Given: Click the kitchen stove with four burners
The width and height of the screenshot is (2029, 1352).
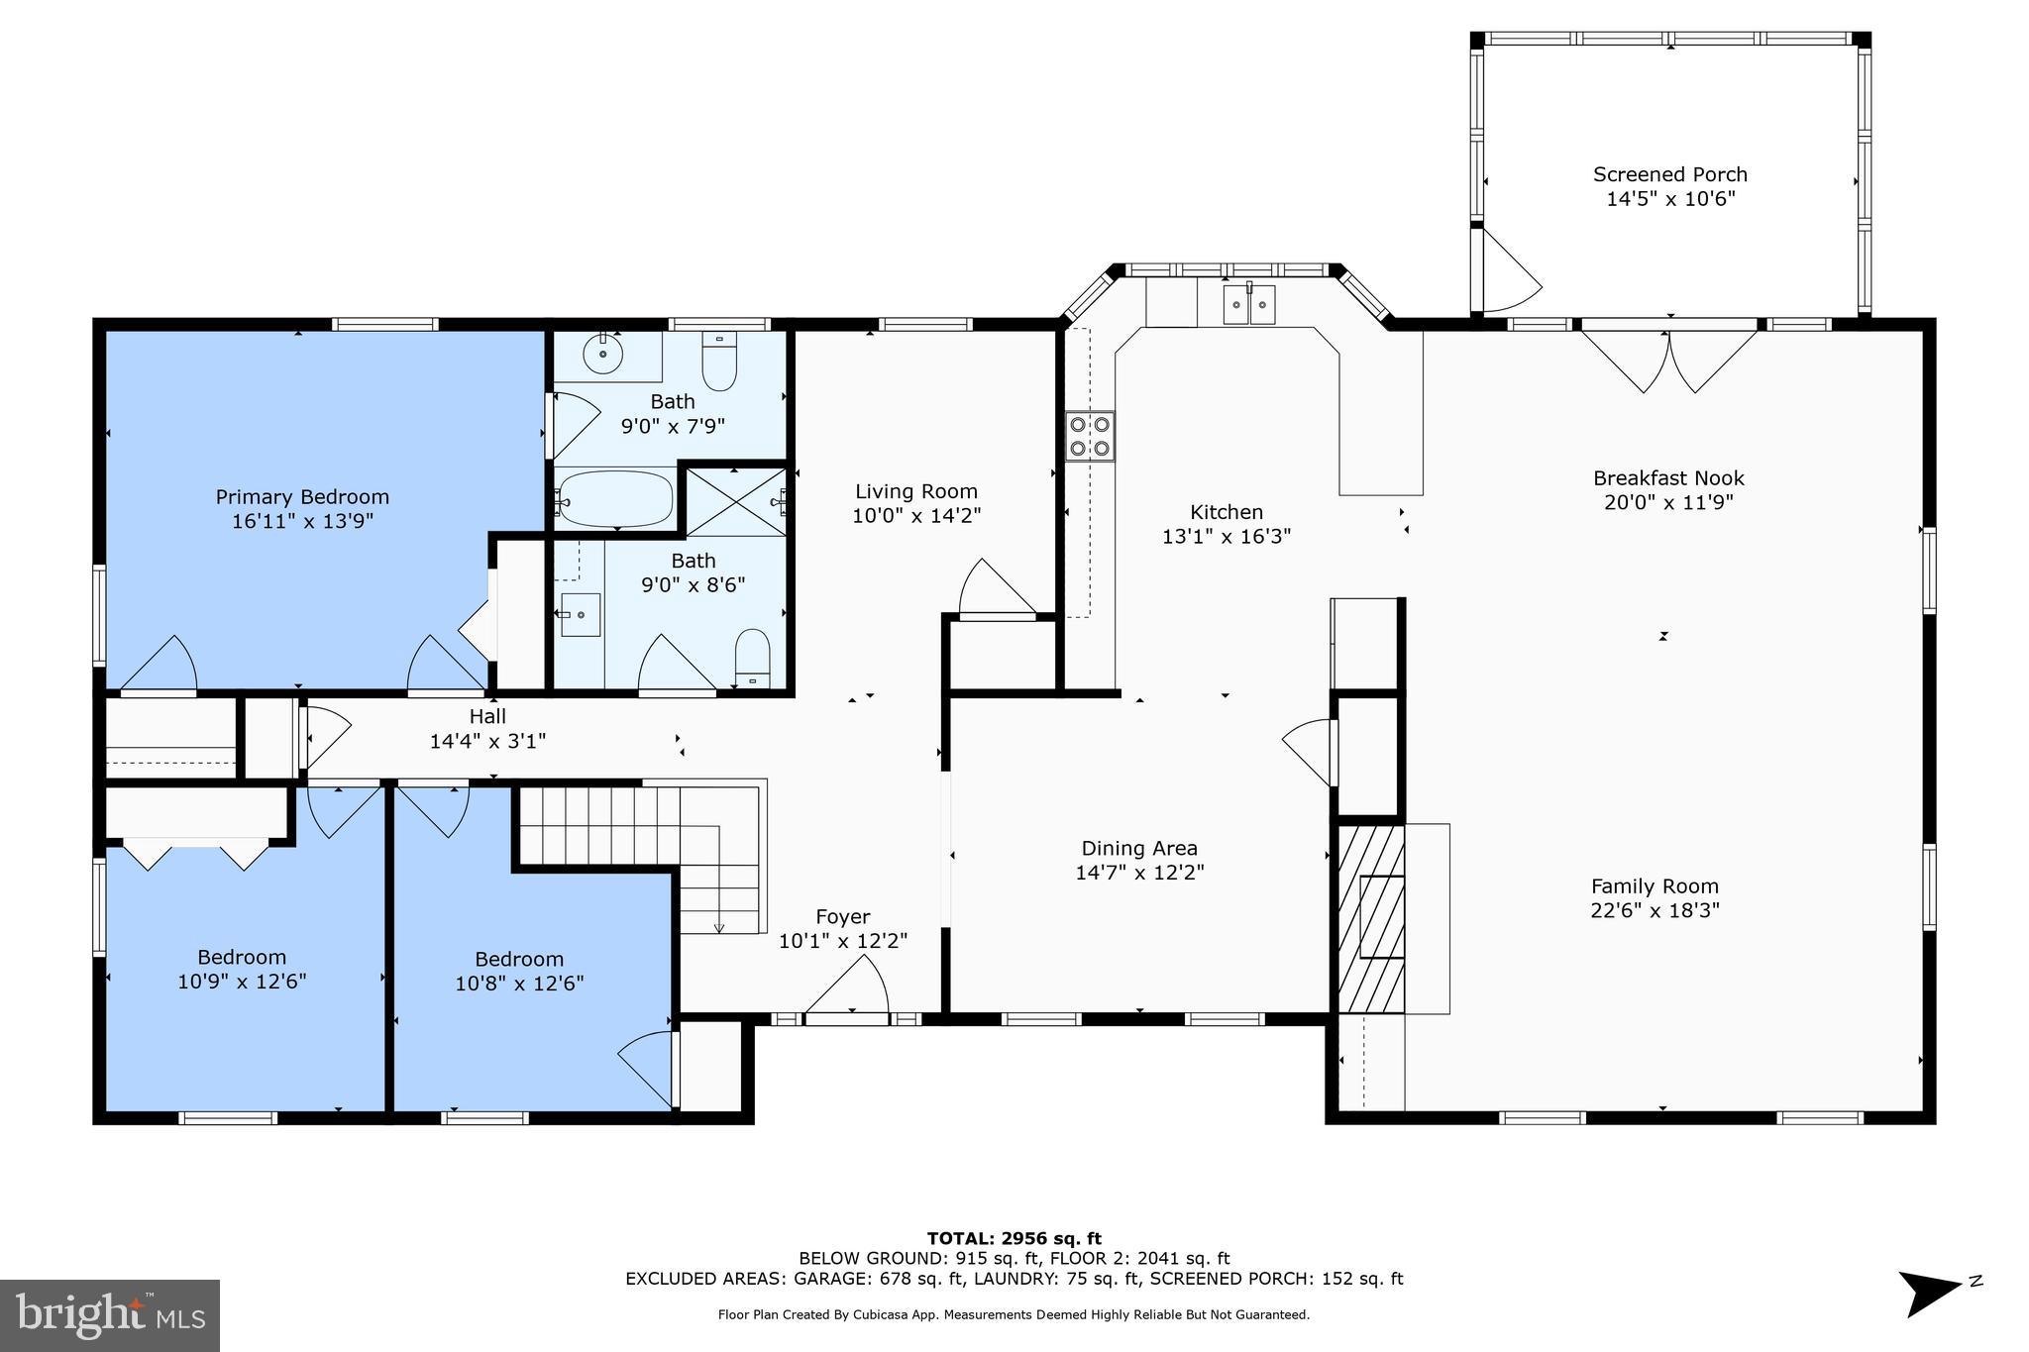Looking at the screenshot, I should pos(1090,437).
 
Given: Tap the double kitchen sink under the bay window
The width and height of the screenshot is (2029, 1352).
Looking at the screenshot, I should pos(1247,304).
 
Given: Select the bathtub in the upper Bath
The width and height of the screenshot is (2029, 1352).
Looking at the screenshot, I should pos(615,499).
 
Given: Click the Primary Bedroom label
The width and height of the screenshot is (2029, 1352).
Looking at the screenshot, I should pos(302,497).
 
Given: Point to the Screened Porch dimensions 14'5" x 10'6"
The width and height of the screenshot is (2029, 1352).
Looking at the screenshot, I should pos(1670,199).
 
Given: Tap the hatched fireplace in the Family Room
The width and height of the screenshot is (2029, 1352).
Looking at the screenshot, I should pos(1371,917).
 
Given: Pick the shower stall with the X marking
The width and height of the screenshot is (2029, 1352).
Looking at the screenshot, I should pos(734,501).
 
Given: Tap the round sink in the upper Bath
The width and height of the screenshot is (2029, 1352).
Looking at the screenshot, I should pos(602,354).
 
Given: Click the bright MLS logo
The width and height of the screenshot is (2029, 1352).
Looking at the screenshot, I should pos(110,1315).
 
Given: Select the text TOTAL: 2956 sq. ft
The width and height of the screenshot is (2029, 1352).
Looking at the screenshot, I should pos(1014,1238).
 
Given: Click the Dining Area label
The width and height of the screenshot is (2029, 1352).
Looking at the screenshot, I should pos(1138,849).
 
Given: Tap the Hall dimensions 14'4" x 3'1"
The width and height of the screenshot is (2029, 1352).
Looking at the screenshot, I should pos(487,741).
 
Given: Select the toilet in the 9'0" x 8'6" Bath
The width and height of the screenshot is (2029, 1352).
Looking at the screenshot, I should pos(753,657).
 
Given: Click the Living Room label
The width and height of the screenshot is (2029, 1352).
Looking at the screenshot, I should pos(915,491).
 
